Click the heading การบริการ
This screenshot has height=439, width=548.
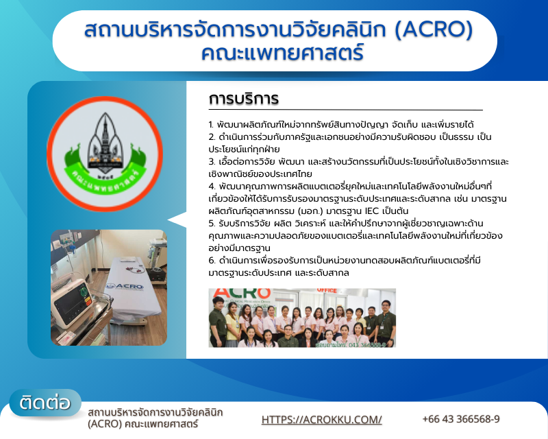[244, 98]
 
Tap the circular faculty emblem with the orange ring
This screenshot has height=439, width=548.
[105, 154]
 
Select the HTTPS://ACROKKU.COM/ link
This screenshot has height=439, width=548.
[321, 419]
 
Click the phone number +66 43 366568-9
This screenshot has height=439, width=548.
[461, 418]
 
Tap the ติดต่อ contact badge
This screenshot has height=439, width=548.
[45, 403]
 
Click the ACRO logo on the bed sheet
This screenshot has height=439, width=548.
[125, 287]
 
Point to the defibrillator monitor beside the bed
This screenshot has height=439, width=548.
[73, 302]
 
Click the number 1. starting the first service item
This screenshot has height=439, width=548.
[211, 125]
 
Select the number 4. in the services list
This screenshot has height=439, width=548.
[212, 187]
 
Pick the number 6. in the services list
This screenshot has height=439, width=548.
[212, 261]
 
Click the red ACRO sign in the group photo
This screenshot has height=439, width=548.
[242, 294]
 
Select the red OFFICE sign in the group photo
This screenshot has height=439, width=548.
[327, 291]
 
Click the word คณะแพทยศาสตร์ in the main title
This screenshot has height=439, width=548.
[282, 53]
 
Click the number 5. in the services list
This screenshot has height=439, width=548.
[212, 224]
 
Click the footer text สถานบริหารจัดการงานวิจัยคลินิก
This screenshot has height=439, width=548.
[155, 412]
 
